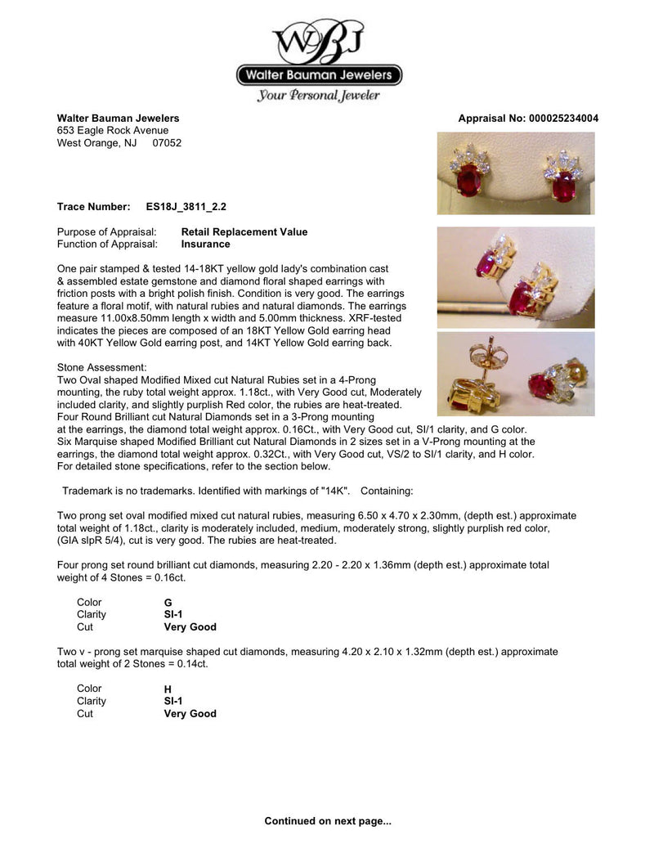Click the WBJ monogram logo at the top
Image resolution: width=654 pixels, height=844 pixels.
click(320, 38)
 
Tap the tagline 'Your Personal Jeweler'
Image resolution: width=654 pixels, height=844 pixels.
click(319, 96)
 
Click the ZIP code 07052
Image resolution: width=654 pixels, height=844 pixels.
click(167, 142)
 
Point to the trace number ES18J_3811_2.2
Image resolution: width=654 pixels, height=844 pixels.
click(181, 207)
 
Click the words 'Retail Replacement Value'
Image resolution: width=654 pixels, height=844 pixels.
click(244, 231)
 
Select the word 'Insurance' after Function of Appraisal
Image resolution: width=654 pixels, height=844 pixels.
click(205, 244)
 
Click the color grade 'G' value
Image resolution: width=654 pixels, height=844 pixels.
click(168, 603)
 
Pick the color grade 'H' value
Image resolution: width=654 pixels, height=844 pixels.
click(168, 689)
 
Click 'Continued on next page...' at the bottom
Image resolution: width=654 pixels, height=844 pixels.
click(328, 820)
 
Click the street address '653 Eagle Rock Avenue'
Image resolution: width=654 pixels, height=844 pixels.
click(113, 130)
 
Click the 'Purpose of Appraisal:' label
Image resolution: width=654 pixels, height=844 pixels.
click(106, 231)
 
